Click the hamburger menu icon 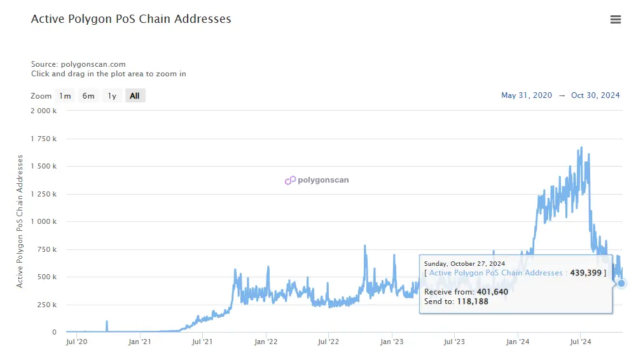point(615,20)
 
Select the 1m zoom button point(65,96)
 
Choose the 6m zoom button point(88,96)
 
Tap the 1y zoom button point(112,96)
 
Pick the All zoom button point(135,96)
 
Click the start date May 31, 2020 point(526,95)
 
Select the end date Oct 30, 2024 point(595,95)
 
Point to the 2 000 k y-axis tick point(44,111)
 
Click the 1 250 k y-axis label point(44,194)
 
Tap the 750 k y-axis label point(46,249)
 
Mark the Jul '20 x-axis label point(77,342)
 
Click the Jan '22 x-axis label point(265,342)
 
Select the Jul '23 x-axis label point(454,342)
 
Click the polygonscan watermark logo point(317,180)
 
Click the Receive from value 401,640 point(492,292)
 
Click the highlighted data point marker point(622,284)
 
